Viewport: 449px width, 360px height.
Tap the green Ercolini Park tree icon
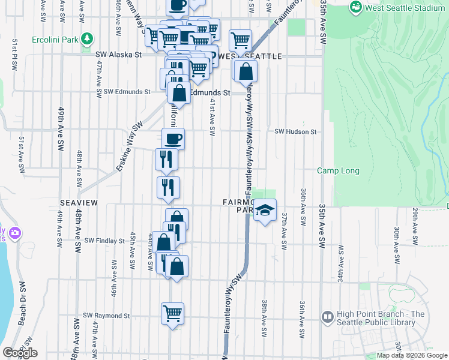point(87,39)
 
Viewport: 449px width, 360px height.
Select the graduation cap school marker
point(264,211)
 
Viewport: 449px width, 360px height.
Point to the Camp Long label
point(338,171)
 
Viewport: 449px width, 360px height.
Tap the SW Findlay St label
point(104,241)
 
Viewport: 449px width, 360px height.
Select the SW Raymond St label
point(106,316)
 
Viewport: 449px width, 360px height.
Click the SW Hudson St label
point(295,132)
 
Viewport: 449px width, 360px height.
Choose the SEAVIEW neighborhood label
point(74,203)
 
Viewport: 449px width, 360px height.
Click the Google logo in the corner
point(19,352)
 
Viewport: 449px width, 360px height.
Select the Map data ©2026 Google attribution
point(412,355)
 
